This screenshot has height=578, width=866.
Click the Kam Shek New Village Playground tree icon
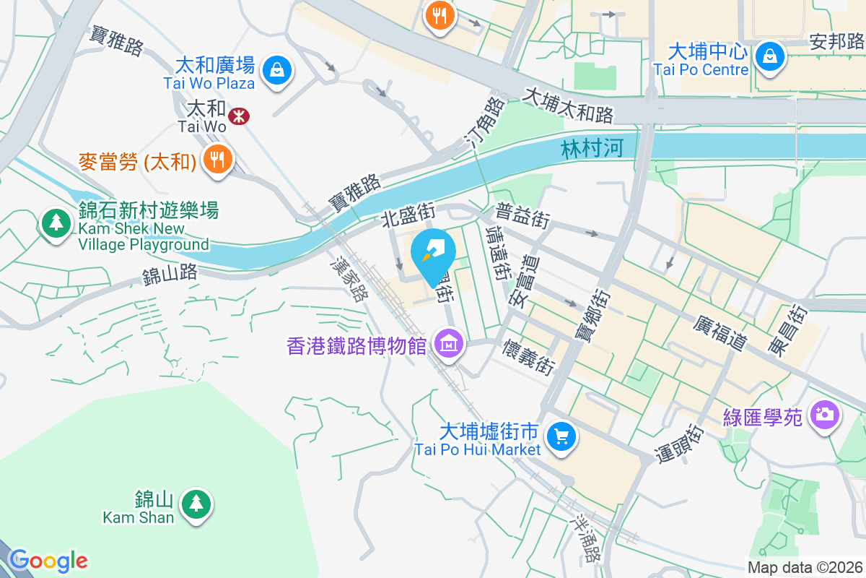[x=56, y=222]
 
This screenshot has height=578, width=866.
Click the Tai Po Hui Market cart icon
[x=561, y=436]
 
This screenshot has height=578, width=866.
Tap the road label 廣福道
[x=720, y=333]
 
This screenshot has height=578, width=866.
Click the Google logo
[x=48, y=561]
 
